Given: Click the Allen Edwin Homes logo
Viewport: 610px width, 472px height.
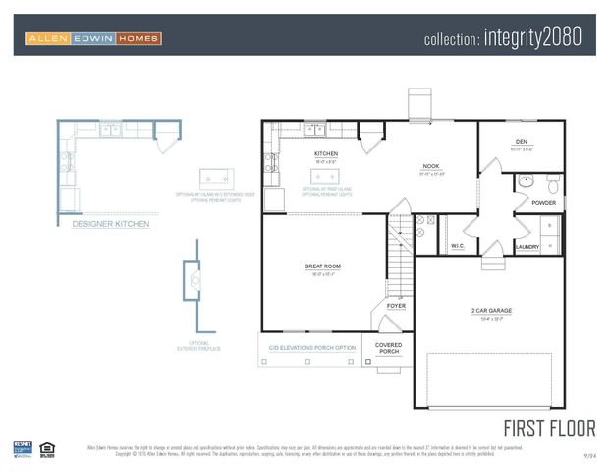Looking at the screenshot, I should (93, 38).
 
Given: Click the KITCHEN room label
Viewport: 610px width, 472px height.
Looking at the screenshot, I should (326, 154).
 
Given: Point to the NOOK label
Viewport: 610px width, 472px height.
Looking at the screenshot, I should (430, 166).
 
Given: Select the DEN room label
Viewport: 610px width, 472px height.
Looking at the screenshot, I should (522, 142).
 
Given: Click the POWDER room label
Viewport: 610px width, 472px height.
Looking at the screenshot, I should (543, 203).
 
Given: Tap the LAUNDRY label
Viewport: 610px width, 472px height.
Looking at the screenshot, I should (527, 247).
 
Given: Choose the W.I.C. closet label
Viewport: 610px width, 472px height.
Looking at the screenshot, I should (458, 245).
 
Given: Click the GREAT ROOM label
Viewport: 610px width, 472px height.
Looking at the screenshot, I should (323, 267).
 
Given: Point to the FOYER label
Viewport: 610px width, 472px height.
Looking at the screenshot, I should (396, 306).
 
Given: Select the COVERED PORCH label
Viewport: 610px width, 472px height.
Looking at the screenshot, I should (389, 348).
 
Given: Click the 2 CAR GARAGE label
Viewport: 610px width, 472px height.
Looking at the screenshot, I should (491, 311).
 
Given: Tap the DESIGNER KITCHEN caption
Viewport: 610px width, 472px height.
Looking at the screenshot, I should (111, 225).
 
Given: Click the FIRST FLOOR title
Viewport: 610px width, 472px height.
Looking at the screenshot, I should (549, 428).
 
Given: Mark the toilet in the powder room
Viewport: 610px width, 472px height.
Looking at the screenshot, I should (553, 185).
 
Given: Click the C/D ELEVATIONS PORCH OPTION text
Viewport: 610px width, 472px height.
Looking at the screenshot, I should (311, 348).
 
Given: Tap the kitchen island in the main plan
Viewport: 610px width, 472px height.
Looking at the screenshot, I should (325, 176).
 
